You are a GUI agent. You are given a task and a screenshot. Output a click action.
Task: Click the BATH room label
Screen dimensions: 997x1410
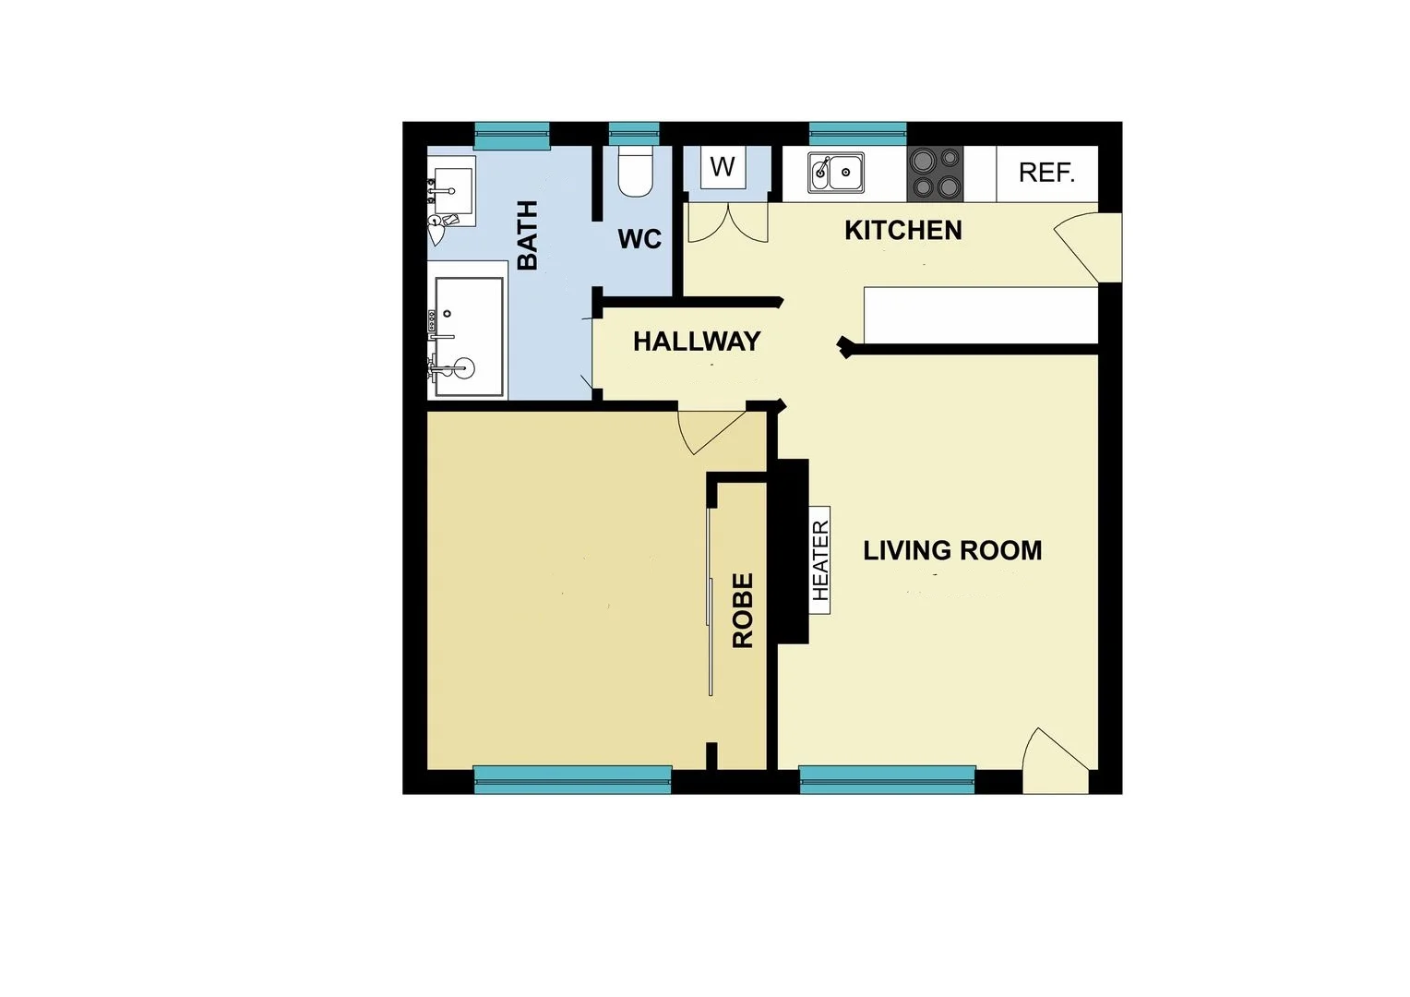click(x=527, y=234)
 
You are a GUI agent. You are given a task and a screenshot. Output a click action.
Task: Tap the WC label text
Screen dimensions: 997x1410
click(x=639, y=239)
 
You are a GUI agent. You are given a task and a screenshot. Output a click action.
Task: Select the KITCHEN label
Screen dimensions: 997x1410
click(x=902, y=231)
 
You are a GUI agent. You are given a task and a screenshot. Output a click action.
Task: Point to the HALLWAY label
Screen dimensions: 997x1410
click(x=697, y=342)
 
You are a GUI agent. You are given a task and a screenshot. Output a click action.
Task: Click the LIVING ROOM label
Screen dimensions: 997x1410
click(x=952, y=551)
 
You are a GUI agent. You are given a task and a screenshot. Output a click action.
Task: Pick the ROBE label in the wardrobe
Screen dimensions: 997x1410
click(x=743, y=610)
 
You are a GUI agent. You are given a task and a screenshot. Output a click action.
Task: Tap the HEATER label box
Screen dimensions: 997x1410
click(x=820, y=559)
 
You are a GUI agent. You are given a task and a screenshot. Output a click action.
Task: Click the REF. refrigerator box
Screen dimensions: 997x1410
click(x=1046, y=173)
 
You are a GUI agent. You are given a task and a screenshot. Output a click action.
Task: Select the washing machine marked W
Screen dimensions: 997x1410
click(x=723, y=167)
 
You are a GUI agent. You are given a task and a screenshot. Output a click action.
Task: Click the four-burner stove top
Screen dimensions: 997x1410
click(x=935, y=174)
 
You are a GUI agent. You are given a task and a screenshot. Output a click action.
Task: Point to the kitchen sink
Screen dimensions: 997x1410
click(x=836, y=173)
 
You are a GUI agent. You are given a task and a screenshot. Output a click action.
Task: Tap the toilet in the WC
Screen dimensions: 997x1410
click(x=635, y=172)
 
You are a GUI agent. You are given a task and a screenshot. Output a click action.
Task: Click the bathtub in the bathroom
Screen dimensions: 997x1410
click(x=469, y=337)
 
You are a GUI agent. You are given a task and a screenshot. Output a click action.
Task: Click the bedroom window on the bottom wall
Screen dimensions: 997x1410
click(x=572, y=779)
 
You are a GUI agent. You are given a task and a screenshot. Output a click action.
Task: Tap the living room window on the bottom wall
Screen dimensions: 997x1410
click(x=887, y=779)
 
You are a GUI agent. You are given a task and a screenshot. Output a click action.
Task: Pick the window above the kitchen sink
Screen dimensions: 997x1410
click(x=857, y=134)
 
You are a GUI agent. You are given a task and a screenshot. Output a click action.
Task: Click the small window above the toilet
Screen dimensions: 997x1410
click(x=634, y=134)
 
